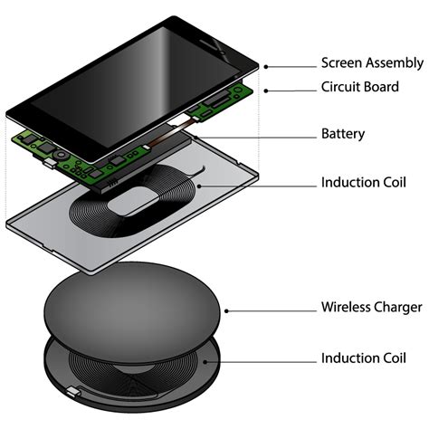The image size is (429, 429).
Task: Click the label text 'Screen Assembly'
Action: point(371,63)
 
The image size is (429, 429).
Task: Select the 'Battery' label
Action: point(343,134)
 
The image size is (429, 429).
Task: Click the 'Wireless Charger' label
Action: point(371,308)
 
